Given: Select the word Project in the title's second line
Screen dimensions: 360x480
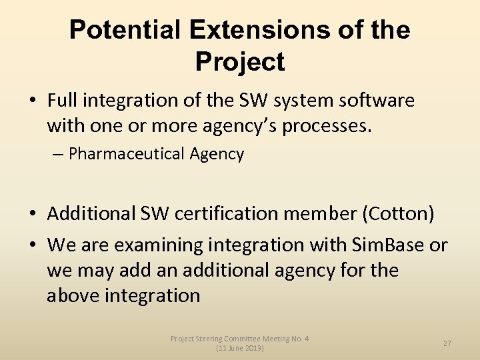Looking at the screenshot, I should click(239, 62).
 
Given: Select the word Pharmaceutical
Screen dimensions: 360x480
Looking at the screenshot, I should click(126, 154).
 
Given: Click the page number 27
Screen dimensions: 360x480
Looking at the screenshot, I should click(447, 343).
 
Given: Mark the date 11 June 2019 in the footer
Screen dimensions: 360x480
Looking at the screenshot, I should click(240, 349).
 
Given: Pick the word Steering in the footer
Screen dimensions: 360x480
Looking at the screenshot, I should click(207, 339).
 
